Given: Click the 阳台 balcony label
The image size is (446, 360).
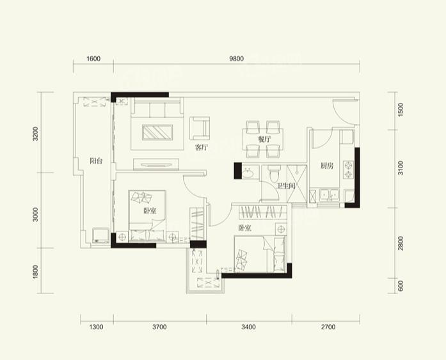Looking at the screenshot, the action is [x=96, y=161].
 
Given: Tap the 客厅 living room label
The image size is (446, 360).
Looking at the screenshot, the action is [x=202, y=148].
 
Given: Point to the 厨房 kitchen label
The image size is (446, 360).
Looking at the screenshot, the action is [x=327, y=166].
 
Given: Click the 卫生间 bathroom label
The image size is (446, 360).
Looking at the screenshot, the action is [x=286, y=186].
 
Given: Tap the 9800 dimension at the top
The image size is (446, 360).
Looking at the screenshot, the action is [x=236, y=59].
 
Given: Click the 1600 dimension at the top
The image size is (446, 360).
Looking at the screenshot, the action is [x=93, y=59].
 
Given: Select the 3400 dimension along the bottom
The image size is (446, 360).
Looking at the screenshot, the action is [x=249, y=327].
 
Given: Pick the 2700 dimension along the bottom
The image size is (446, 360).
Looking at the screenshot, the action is [x=328, y=327].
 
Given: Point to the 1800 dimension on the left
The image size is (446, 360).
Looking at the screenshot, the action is [x=35, y=272].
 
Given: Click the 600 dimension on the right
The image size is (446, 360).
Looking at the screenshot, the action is [x=401, y=286].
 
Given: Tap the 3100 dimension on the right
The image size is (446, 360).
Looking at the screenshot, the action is [x=401, y=168].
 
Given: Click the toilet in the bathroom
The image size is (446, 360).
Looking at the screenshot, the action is [x=275, y=173].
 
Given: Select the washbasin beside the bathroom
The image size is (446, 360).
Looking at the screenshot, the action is [x=248, y=172].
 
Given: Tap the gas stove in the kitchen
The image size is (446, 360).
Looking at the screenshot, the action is [x=349, y=169].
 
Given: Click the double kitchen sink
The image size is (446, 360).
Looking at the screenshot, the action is [x=329, y=195].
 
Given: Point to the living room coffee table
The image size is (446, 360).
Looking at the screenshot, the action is [x=157, y=132].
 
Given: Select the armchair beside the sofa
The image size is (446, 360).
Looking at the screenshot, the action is [x=200, y=128].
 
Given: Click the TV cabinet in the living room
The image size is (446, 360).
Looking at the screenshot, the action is [x=156, y=164].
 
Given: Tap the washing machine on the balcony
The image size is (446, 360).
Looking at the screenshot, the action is [x=101, y=235].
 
